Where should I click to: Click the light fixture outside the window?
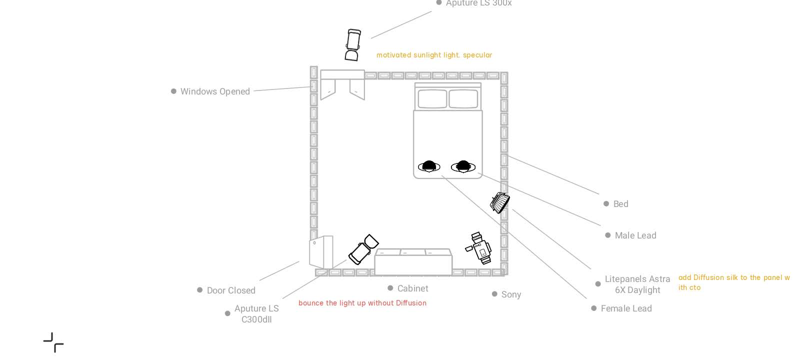pos(352,45)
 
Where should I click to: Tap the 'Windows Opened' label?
pos(215,91)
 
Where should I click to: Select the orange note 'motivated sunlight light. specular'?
pos(434,55)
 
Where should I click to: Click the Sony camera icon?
pos(479,247)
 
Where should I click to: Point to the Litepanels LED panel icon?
pos(499,202)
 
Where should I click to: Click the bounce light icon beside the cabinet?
pos(363,249)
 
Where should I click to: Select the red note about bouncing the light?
pos(362,303)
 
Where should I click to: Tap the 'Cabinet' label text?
pos(412,288)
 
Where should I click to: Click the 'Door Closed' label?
pos(231,290)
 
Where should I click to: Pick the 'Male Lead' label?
pos(635,235)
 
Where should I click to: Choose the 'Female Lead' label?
pos(626,308)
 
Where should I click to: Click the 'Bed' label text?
pos(620,204)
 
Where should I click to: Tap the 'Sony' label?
pos(511,294)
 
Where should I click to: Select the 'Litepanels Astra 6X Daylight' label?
pos(637,284)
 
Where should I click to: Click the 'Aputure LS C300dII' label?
pos(256,314)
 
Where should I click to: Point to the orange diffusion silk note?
pos(733,282)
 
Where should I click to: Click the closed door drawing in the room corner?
pos(321,252)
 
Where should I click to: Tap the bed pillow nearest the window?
pos(432,99)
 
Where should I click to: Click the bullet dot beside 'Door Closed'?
pos(200,290)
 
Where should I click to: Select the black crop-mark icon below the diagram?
pos(53,342)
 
